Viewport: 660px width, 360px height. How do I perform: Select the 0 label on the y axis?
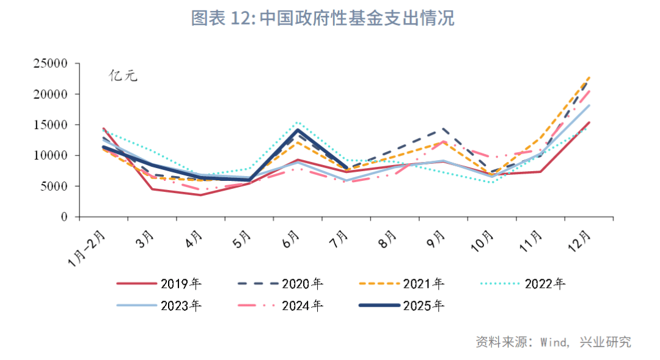(63, 217)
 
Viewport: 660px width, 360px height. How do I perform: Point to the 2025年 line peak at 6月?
(298, 130)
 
